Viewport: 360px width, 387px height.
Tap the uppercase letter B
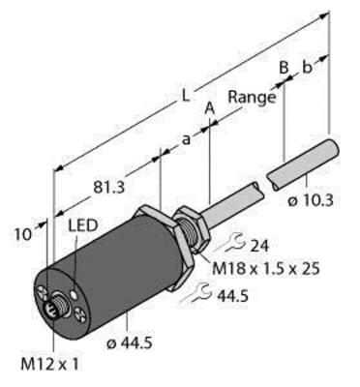[283, 68]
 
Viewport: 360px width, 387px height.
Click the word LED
[83, 224]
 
